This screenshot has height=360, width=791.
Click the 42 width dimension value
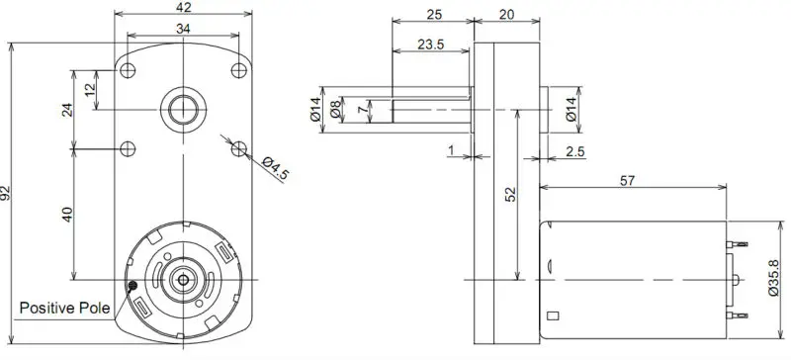click(184, 7)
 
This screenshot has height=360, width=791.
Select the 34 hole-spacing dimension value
click(183, 29)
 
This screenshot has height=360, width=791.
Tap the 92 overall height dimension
click(5, 193)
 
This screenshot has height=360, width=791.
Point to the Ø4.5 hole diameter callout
click(276, 168)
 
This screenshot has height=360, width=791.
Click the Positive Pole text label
click(64, 308)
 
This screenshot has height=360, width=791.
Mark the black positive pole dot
click(132, 286)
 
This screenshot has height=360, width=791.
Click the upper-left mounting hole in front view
click(128, 70)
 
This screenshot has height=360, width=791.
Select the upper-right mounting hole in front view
click(239, 70)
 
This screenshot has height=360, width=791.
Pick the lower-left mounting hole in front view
click(128, 149)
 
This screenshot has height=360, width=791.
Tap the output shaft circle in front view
click(183, 110)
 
